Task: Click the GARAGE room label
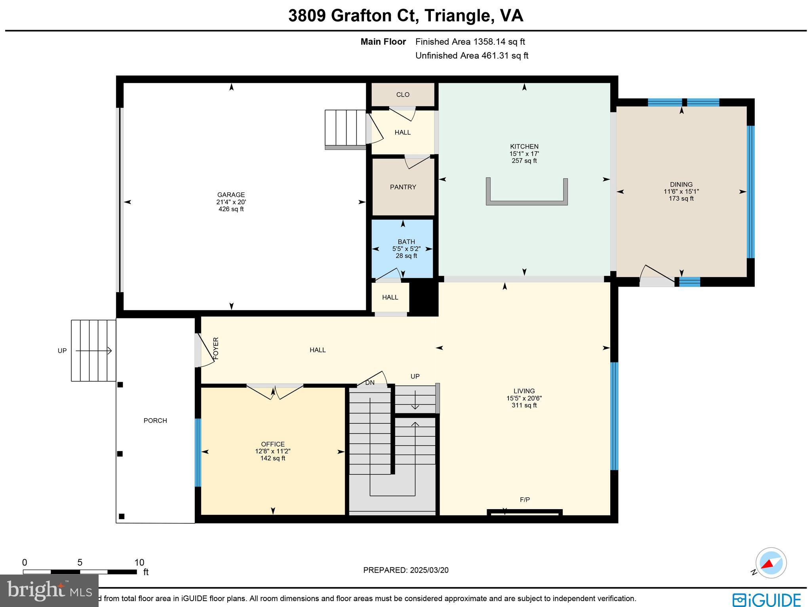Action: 231,195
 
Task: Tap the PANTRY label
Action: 403,187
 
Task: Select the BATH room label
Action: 406,242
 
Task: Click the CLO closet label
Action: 403,95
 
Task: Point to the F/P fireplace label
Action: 525,500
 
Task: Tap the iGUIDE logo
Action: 766,599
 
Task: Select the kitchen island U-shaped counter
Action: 527,202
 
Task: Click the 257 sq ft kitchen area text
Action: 524,161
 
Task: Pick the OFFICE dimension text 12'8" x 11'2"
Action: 272,451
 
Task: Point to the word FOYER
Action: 216,348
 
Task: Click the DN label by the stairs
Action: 369,382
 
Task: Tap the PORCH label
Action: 155,421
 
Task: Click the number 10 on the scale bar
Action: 139,563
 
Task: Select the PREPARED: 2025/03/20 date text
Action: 405,570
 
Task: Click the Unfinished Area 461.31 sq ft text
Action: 472,56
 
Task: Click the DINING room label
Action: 681,185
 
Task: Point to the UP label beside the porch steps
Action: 62,351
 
